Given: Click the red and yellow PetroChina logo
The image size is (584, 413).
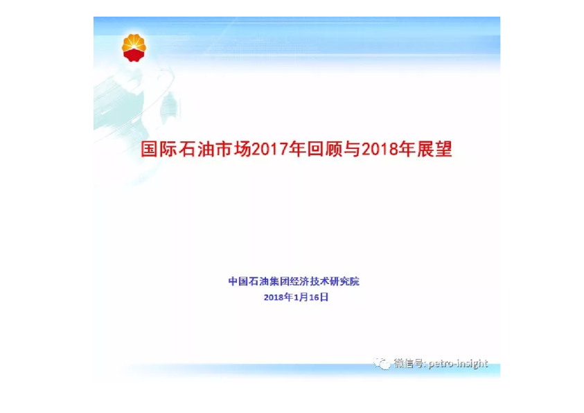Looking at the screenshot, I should pos(134,47).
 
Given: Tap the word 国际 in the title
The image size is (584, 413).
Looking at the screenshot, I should pos(157,150).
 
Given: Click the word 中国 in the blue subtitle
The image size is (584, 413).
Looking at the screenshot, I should pos(238,281).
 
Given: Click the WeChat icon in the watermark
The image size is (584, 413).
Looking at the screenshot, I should pos(382,363).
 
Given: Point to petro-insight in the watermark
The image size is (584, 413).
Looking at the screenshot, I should pos(458,363).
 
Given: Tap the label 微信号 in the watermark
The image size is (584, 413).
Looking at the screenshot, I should pos(409,363).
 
